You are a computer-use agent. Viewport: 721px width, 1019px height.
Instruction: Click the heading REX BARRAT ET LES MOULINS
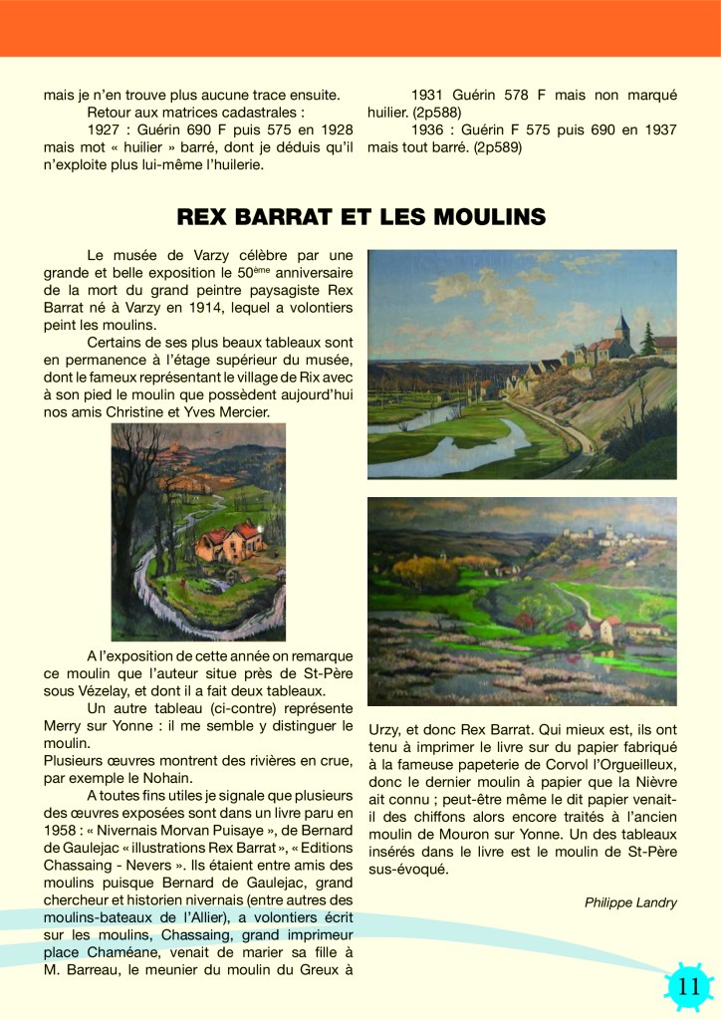(x=360, y=216)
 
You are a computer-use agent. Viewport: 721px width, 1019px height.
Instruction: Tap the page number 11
(x=689, y=987)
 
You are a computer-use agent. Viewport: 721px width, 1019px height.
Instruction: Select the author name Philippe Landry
(x=630, y=902)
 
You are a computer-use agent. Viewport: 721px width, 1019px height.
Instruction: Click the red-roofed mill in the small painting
(x=229, y=542)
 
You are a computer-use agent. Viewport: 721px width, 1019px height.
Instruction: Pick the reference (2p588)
(x=423, y=113)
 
